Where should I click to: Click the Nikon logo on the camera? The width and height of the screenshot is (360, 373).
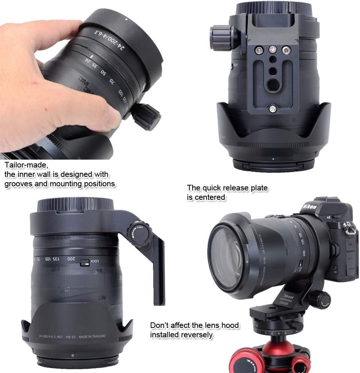309,207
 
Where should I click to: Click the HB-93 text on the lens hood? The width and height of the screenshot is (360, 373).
70,337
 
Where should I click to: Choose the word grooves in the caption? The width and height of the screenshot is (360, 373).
17,184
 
